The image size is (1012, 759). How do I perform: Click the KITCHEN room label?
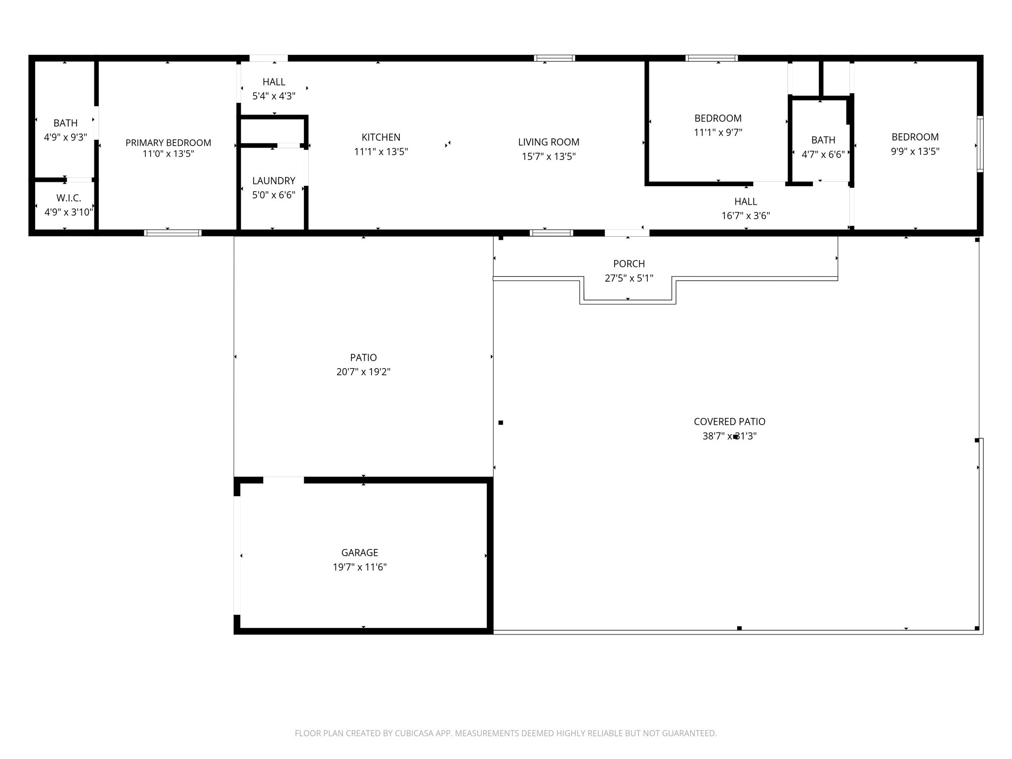[380, 137]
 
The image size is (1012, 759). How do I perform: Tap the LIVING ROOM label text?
[548, 142]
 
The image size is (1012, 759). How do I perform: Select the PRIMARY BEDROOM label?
[168, 143]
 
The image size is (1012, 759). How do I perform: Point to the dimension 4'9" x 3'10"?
[69, 212]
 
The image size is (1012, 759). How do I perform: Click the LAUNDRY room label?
[274, 181]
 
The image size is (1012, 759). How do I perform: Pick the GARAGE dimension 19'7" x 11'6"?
[359, 567]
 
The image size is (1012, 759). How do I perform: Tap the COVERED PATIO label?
[729, 422]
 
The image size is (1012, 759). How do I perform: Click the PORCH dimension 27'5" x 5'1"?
[629, 278]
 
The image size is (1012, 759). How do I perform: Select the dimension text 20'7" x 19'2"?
[363, 372]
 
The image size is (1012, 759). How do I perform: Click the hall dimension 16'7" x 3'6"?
[746, 216]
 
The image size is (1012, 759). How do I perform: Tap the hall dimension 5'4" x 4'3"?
[274, 96]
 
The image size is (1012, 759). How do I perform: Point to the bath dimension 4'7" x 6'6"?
[823, 155]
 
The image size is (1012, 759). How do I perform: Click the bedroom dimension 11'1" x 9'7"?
[717, 132]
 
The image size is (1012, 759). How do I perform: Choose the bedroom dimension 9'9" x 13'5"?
[915, 152]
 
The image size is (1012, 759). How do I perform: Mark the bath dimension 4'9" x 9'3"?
[65, 137]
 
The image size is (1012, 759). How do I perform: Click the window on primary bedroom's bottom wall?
[172, 233]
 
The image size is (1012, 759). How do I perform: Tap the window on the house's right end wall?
[980, 144]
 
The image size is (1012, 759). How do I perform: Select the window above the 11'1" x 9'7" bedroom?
[711, 58]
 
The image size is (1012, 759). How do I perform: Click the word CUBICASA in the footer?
[414, 733]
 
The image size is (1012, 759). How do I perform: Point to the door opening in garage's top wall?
[283, 480]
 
